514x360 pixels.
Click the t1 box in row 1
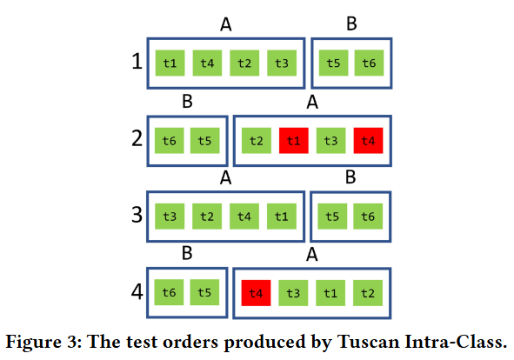coord(170,63)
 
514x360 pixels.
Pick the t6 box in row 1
coord(369,63)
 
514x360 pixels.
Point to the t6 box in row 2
coord(169,140)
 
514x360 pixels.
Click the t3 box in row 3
coord(170,217)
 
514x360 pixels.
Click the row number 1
coord(136,63)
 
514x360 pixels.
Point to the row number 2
coord(136,139)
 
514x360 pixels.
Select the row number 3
coord(136,215)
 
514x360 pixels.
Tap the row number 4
coord(136,291)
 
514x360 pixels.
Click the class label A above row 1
coord(226,24)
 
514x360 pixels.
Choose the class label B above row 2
coord(187,102)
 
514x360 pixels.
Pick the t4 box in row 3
coord(244,217)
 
